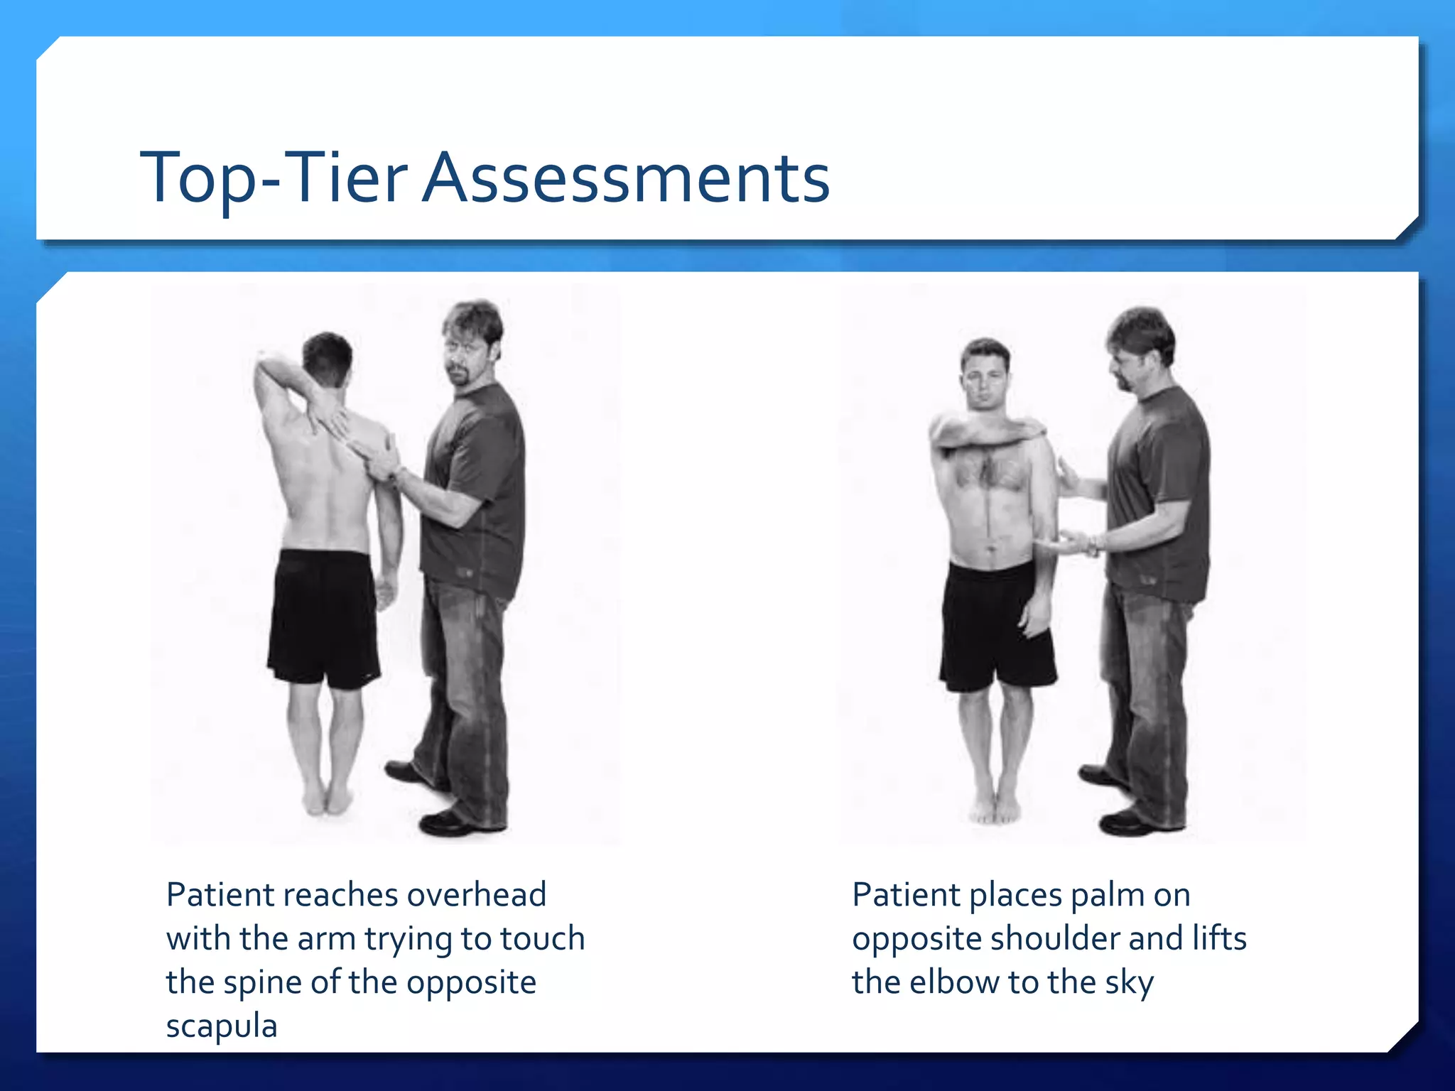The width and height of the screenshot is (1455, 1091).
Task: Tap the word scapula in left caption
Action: [221, 1026]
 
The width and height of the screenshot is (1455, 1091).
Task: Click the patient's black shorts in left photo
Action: [323, 618]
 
